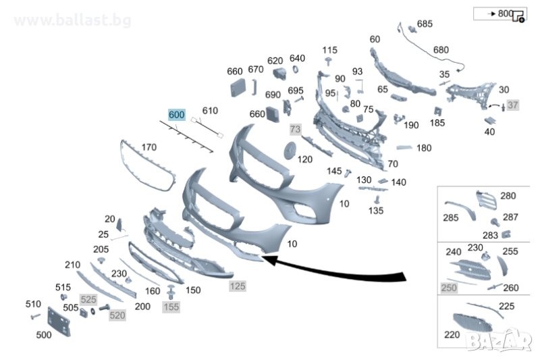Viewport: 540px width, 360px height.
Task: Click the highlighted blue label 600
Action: coord(176,115)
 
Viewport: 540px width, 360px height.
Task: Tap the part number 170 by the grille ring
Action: coord(148,147)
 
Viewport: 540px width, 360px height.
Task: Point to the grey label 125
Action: coord(237,286)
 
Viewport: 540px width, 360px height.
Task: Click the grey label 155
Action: coord(171,307)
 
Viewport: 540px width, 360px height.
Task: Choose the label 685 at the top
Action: coord(425,24)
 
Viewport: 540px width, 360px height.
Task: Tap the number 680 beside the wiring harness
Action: coord(440,50)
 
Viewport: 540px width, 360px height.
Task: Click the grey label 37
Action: coord(513,105)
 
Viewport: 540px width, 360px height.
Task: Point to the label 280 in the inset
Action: coord(508,197)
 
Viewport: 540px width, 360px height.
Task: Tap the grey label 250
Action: coord(449,288)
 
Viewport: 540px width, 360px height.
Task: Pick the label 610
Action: coord(210,111)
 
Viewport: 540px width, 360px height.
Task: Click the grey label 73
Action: coord(295,128)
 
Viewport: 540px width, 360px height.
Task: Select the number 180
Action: coord(424,148)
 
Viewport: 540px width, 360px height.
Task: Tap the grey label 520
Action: coord(117,315)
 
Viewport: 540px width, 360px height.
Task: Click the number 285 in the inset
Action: coord(451,217)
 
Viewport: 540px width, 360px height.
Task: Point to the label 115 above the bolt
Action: coord(329,50)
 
